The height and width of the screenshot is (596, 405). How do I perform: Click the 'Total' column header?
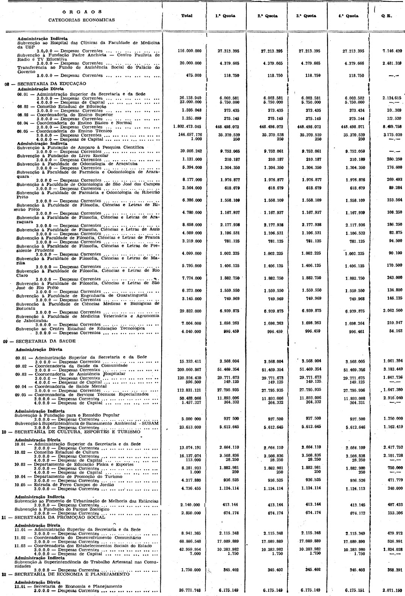tap(187, 16)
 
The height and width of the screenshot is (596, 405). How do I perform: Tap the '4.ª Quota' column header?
tap(350, 16)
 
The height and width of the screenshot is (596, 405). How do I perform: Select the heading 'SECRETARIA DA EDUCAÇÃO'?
tap(51, 84)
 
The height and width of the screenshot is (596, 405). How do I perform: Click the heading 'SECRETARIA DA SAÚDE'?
tap(45, 341)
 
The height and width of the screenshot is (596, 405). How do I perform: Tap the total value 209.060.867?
tap(189, 369)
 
